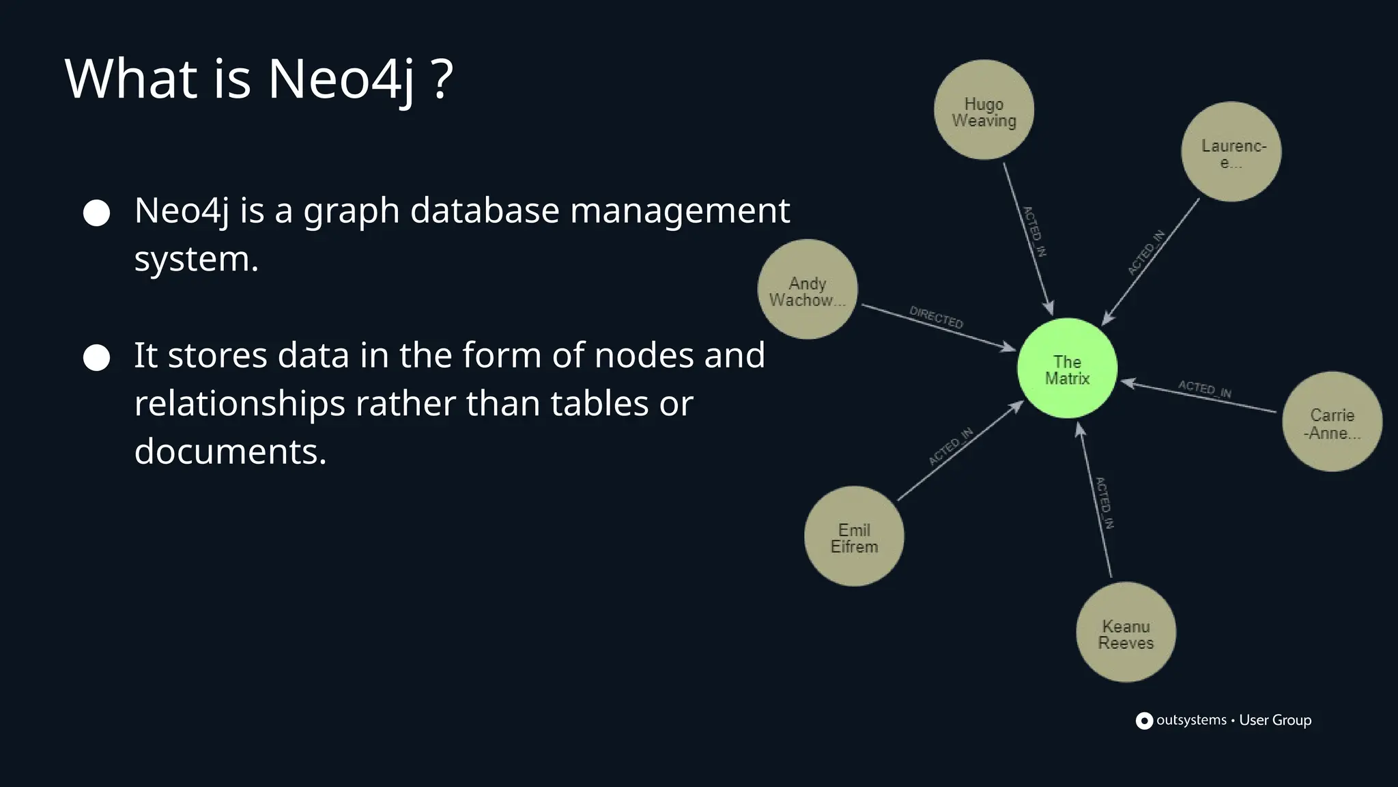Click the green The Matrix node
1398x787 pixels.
click(x=1067, y=368)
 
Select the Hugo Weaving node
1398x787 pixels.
click(x=984, y=110)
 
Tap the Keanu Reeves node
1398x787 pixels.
click(x=1126, y=632)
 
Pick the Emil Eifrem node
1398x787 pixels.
click(x=854, y=536)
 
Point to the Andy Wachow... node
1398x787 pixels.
click(x=808, y=290)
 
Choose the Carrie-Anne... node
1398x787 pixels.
click(x=1332, y=422)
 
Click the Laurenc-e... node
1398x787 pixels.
click(x=1231, y=152)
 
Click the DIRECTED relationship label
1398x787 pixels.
click(x=936, y=318)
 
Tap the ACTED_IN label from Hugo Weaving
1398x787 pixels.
click(x=1034, y=232)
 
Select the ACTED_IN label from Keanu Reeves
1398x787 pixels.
click(x=1104, y=503)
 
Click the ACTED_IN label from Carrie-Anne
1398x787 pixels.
click(x=1205, y=389)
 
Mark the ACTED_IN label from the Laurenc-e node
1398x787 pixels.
click(x=1146, y=253)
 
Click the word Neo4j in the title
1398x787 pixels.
click(x=341, y=79)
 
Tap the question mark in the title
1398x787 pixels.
click(x=442, y=79)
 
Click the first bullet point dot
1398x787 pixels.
click(x=96, y=213)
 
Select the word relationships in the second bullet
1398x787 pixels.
click(x=239, y=403)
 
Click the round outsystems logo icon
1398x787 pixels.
click(x=1144, y=721)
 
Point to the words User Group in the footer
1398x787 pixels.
click(x=1275, y=720)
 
